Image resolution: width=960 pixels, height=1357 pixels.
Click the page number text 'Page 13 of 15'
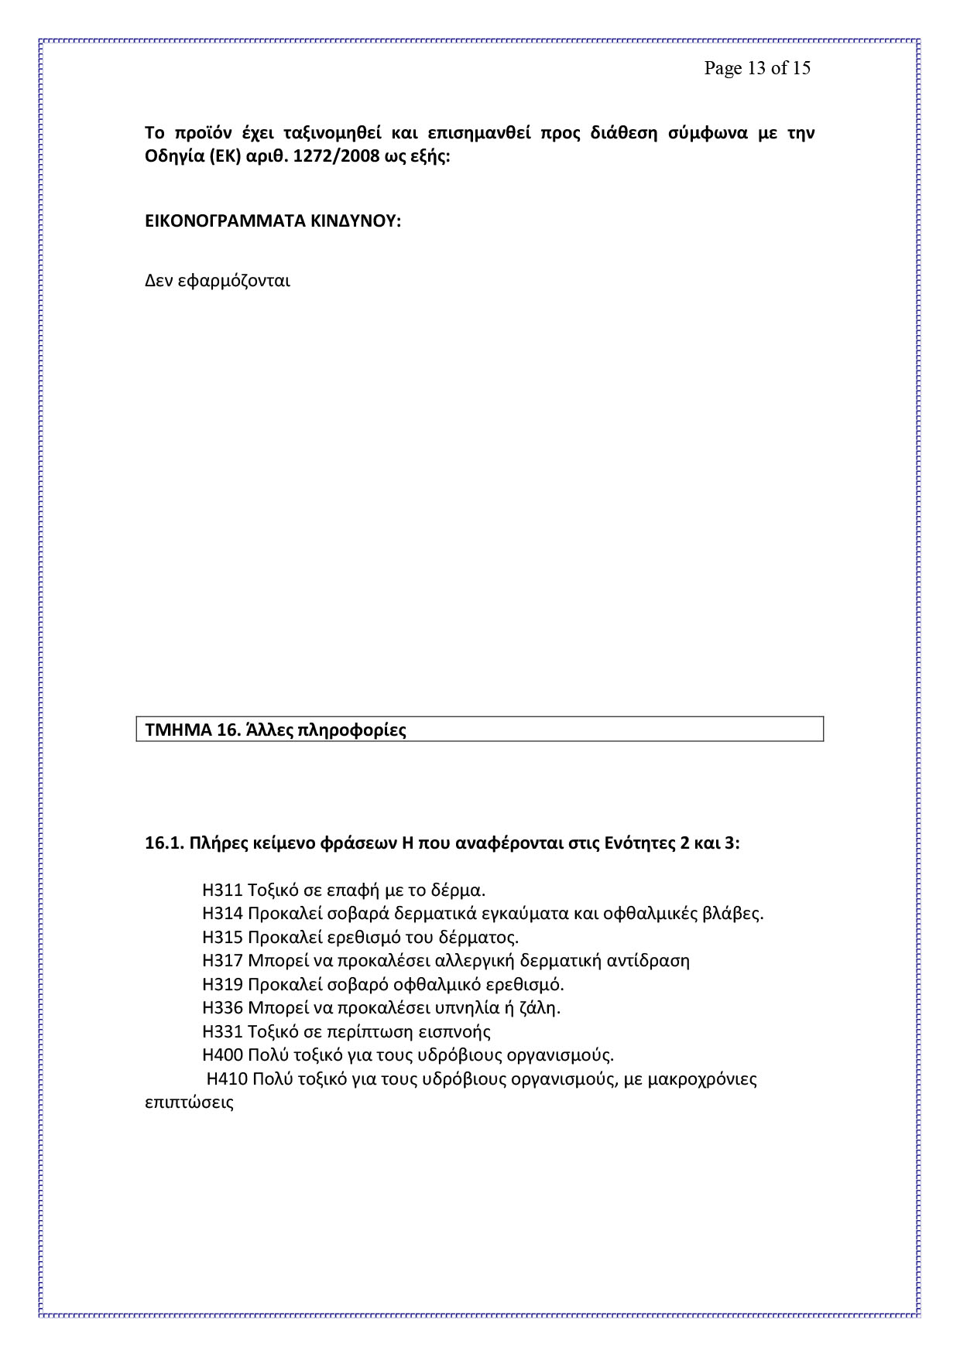(756, 68)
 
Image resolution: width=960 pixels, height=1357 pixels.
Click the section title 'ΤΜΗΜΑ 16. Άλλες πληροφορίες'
(276, 730)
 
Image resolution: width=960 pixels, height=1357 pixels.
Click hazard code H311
(223, 890)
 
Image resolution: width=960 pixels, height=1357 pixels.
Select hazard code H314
(223, 914)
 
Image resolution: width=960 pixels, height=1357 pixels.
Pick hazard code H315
(223, 938)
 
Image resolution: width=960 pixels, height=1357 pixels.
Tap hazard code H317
(223, 961)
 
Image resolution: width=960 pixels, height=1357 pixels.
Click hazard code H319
(223, 985)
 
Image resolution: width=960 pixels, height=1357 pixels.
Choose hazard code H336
(223, 1008)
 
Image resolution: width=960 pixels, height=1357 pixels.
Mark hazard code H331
(223, 1032)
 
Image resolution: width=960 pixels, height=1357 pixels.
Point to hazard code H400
(223, 1055)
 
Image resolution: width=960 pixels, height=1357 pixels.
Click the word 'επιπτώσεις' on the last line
(190, 1103)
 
